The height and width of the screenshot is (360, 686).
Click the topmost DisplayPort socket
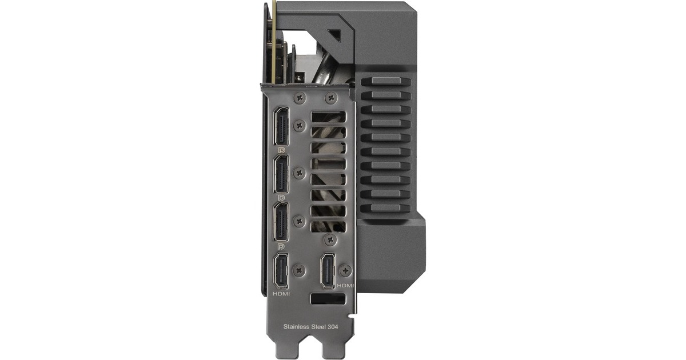tap(281, 126)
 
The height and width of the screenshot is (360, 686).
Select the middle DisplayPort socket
tap(281, 174)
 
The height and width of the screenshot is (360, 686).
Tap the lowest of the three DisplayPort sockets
tap(281, 222)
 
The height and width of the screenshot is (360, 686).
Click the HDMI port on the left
tap(281, 271)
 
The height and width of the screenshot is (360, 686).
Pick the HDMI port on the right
tap(328, 271)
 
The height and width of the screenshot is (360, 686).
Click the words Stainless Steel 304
tap(310, 327)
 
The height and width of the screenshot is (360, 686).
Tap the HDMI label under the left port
tap(281, 294)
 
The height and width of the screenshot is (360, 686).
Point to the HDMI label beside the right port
tap(345, 286)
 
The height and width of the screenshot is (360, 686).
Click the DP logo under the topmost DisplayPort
tap(281, 150)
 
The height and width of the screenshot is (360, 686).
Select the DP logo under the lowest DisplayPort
tap(281, 246)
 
